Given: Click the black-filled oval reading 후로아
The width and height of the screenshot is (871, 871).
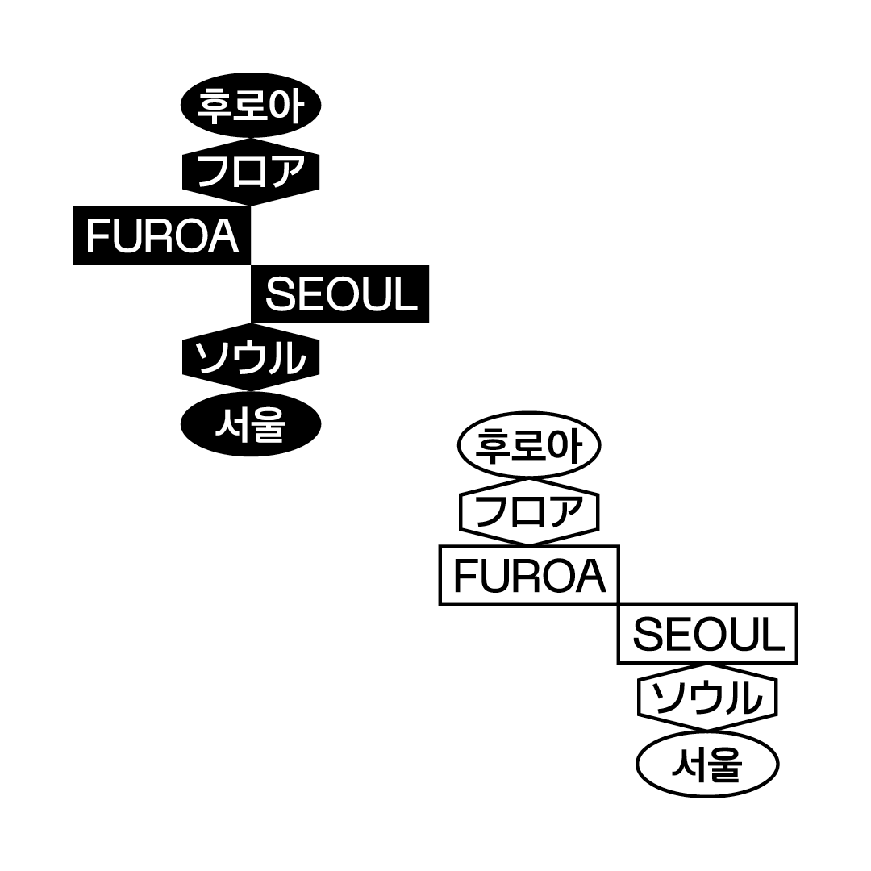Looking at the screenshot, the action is [251, 105].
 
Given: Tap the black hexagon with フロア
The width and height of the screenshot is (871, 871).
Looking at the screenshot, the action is [251, 170].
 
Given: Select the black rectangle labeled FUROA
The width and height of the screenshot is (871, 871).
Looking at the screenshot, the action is [161, 235].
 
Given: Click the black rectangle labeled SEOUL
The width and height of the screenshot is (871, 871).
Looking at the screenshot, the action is [340, 294].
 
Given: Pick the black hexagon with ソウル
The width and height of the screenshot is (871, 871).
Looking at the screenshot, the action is [251, 357].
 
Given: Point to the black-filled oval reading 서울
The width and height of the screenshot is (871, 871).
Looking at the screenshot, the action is [251, 423].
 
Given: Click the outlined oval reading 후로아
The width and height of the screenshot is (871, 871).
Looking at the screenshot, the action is [529, 444].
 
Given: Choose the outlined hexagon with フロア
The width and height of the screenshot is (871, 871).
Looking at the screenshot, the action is [529, 511].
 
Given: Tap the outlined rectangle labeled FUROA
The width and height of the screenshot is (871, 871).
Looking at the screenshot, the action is [529, 575].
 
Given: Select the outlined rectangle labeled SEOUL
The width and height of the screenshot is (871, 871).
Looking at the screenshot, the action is [707, 634].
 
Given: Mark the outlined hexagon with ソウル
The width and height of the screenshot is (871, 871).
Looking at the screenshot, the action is [707, 697].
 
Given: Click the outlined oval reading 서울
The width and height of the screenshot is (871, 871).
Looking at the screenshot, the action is [707, 765].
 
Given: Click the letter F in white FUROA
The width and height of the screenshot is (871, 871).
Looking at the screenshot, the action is [98, 236].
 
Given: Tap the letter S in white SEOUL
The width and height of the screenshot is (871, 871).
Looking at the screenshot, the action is [278, 294].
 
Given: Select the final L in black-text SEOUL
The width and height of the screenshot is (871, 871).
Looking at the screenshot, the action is [775, 634].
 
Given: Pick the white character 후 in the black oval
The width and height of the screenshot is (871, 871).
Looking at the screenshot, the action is [214, 105].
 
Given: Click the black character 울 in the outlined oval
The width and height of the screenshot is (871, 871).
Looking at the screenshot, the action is [725, 765].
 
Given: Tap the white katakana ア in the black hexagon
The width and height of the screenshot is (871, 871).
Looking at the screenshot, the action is [289, 170].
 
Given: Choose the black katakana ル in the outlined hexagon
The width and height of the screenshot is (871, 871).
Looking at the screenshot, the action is [748, 698].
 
